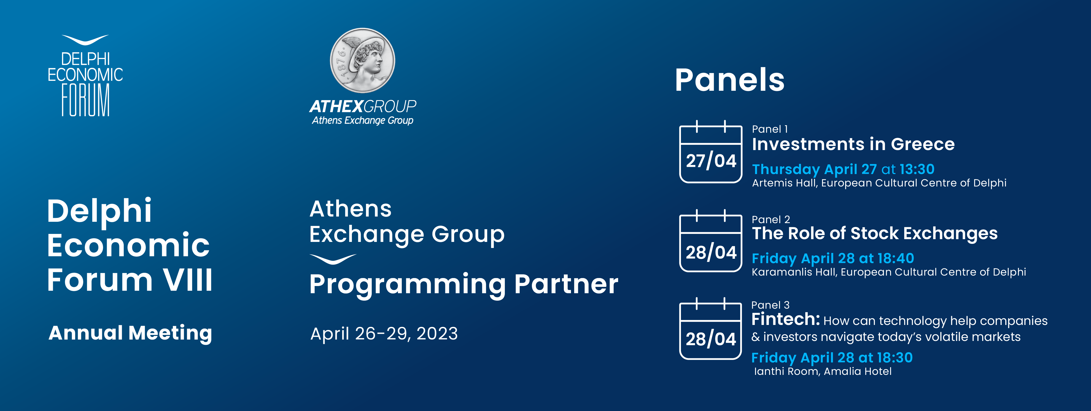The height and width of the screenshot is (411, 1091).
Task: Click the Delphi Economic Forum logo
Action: (x=85, y=76)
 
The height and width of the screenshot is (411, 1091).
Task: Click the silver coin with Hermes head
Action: (x=363, y=60)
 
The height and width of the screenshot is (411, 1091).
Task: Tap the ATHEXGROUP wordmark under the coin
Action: (x=363, y=106)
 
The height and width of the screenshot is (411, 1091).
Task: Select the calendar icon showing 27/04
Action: (x=711, y=152)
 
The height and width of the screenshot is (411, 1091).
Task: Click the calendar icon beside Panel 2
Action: (x=711, y=241)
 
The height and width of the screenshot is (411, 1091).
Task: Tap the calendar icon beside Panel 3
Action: (x=711, y=329)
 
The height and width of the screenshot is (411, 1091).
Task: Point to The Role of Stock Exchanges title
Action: (x=875, y=233)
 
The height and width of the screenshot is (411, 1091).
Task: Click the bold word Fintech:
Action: (x=786, y=319)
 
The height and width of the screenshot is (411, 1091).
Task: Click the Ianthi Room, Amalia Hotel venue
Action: (x=823, y=372)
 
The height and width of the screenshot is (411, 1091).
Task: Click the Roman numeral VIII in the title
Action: (x=188, y=280)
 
